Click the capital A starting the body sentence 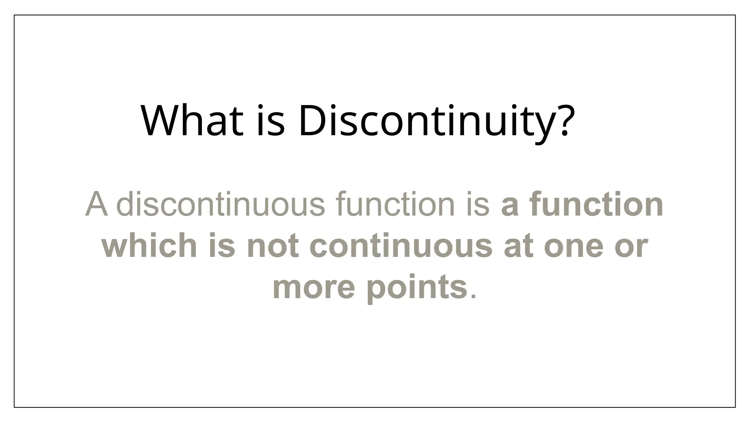pyautogui.click(x=97, y=204)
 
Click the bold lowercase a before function pyautogui.click(x=510, y=205)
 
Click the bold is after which pyautogui.click(x=222, y=245)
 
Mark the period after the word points pyautogui.click(x=473, y=296)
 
